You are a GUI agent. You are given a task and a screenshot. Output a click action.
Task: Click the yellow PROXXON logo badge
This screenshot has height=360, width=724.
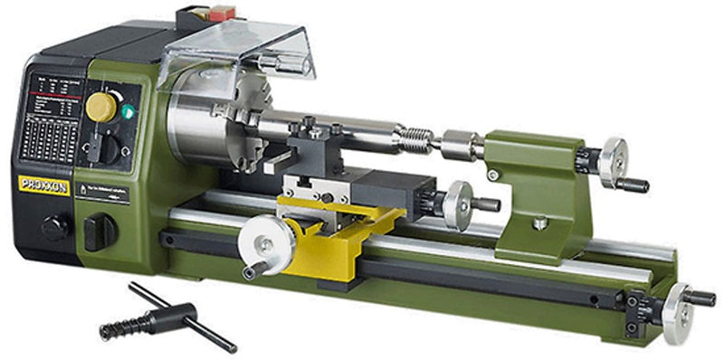[44, 185]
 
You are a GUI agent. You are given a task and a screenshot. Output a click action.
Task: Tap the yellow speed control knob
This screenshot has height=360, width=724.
[101, 107]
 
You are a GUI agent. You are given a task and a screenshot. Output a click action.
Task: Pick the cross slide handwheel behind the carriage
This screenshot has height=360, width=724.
[458, 204]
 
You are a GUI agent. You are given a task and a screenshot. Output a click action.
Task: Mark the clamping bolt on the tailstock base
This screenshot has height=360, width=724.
[540, 221]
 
